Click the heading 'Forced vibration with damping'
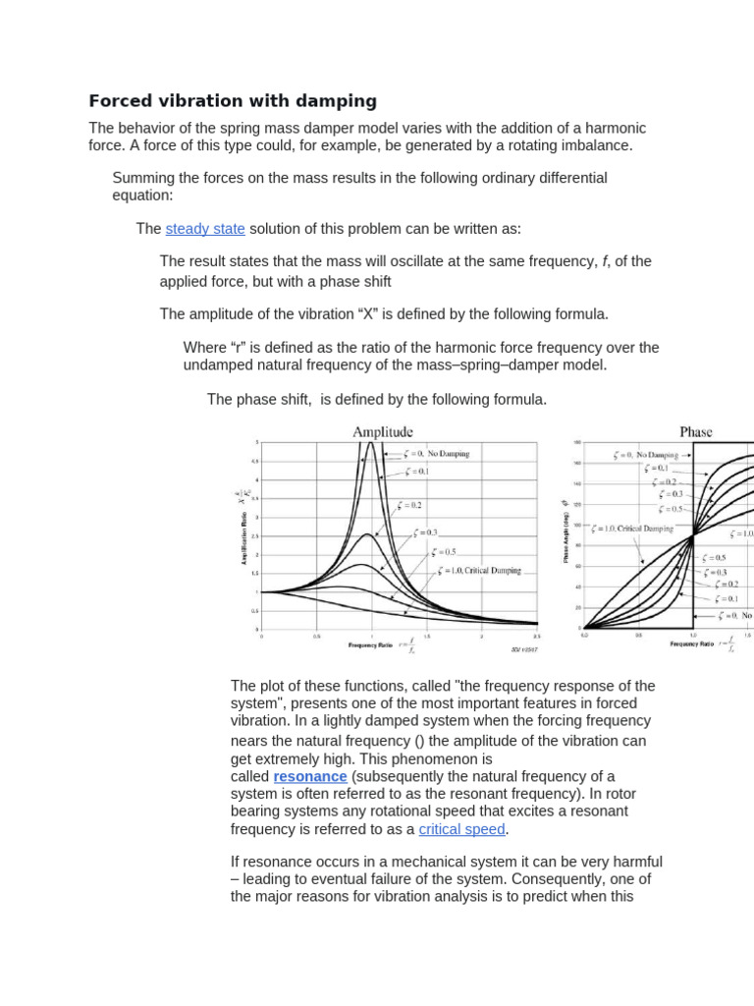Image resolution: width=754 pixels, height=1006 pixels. click(233, 100)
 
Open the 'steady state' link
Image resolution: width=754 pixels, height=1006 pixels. click(205, 229)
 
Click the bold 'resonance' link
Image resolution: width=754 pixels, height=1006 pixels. click(310, 776)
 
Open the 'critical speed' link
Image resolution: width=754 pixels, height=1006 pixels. click(461, 829)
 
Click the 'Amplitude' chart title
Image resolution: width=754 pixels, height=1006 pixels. click(383, 431)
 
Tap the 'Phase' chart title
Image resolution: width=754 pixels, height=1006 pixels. click(695, 431)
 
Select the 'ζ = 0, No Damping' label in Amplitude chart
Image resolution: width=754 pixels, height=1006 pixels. click(437, 454)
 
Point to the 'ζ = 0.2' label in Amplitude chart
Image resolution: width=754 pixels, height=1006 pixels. click(409, 505)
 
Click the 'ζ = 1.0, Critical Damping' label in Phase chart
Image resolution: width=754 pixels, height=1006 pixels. click(632, 529)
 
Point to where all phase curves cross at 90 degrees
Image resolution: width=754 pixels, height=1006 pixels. click(693, 534)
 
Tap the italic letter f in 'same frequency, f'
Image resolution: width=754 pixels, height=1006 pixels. click(604, 261)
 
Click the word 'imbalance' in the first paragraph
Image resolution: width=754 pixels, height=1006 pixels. click(598, 145)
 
